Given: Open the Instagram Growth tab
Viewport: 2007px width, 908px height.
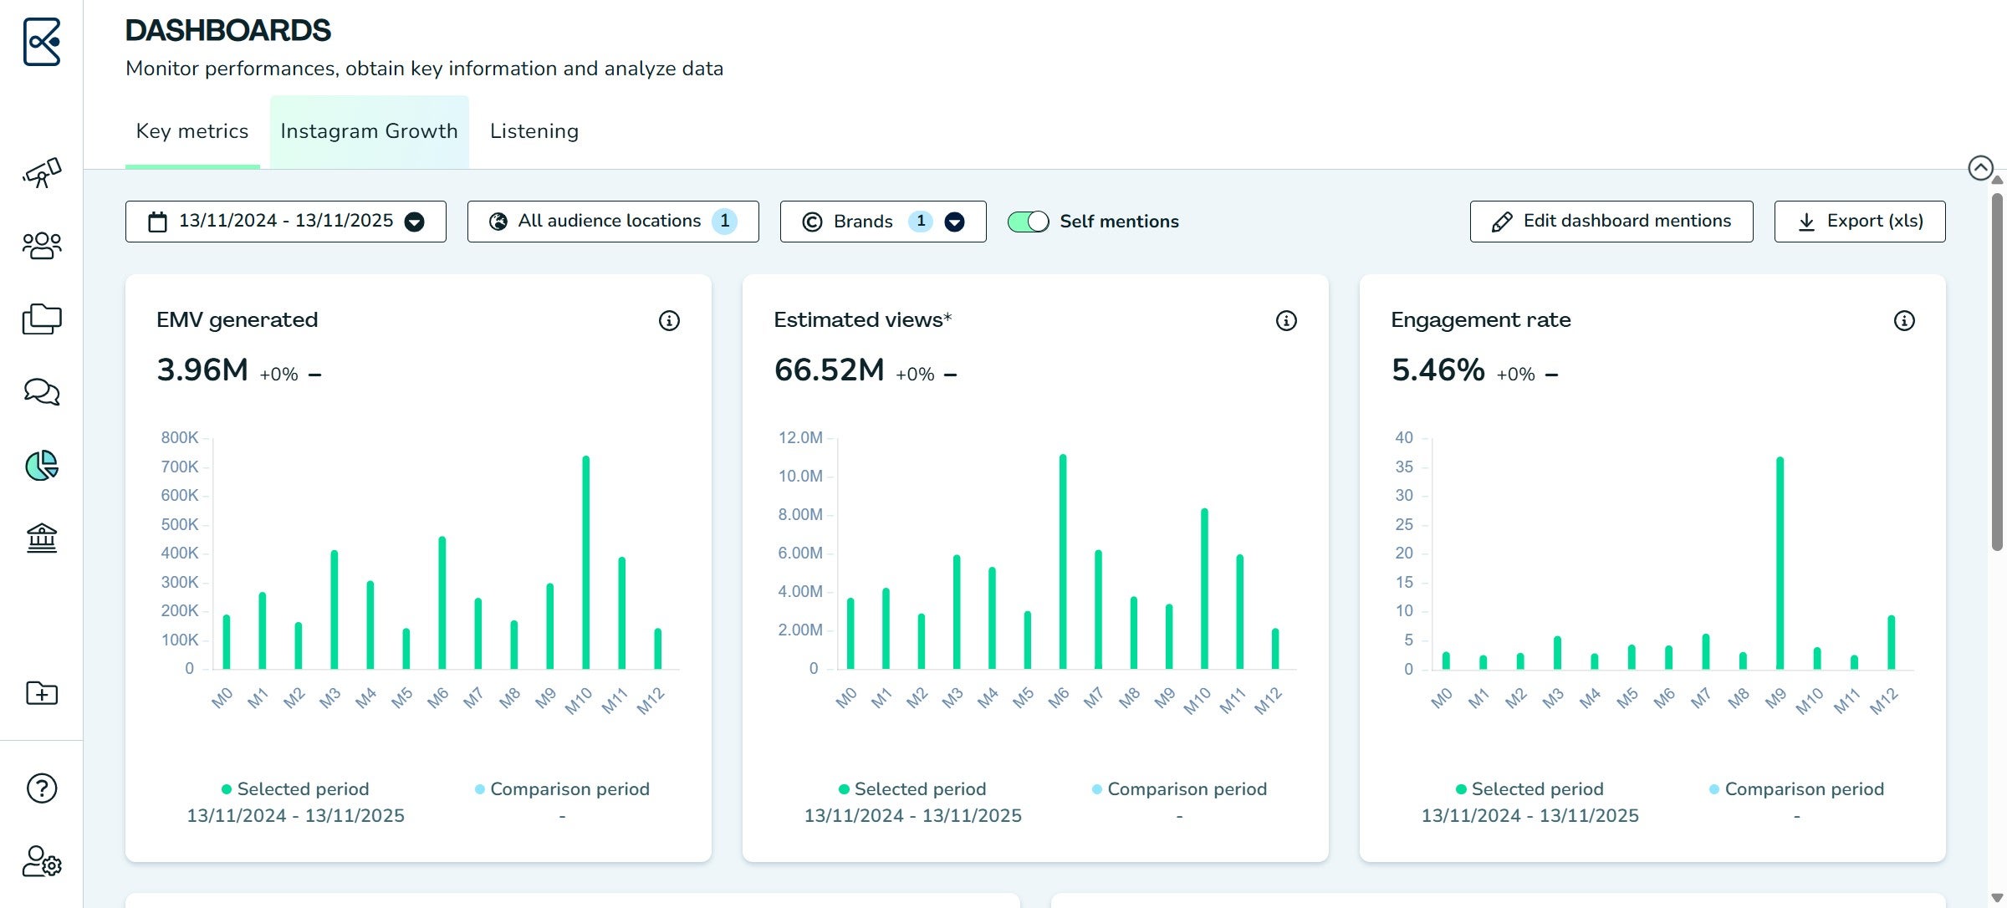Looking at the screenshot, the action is click(x=369, y=131).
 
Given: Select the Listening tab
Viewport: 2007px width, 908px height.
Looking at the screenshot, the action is click(x=534, y=131).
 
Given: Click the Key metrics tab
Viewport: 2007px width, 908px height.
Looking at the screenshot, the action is click(x=192, y=131).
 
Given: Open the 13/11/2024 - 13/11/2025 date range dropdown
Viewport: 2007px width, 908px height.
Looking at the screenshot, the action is click(x=286, y=222).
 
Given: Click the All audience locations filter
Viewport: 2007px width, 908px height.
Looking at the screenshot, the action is click(x=613, y=222).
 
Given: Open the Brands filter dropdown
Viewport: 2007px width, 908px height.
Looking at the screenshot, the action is click(x=883, y=222).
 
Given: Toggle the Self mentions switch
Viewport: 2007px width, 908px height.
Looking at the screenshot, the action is click(x=1028, y=222).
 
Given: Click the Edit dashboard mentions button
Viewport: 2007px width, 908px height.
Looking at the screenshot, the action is click(x=1611, y=222).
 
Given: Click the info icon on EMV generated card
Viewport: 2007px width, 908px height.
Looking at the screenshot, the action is click(x=669, y=320).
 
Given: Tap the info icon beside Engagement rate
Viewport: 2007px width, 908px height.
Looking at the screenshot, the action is click(x=1904, y=320).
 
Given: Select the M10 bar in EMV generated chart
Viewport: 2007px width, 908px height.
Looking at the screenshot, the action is click(x=585, y=562).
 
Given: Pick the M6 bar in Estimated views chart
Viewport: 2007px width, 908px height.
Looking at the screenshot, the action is click(x=1063, y=561).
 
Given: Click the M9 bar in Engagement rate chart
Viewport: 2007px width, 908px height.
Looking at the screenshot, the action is click(x=1780, y=563).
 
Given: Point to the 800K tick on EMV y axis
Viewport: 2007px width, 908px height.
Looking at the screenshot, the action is click(x=180, y=437).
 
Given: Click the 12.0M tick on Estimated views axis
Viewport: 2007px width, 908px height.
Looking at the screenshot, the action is click(x=800, y=437).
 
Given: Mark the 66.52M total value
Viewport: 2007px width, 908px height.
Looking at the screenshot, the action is click(x=829, y=370).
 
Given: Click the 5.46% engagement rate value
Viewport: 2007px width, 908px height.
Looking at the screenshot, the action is click(x=1438, y=370).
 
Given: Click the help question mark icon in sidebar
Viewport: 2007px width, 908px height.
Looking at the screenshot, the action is click(x=42, y=788).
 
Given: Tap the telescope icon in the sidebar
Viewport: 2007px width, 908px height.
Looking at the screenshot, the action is click(x=42, y=172).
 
